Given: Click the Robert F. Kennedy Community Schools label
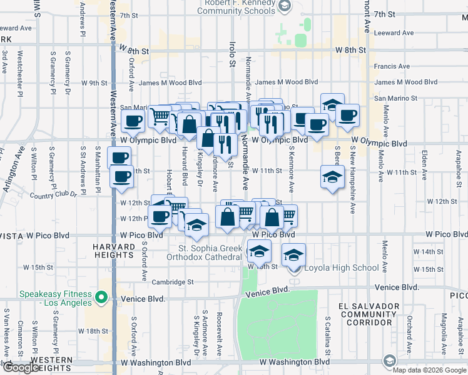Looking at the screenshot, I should pos(236,6).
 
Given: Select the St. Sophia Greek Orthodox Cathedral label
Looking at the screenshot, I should pos(205,252).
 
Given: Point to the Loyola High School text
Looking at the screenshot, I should pos(341,268).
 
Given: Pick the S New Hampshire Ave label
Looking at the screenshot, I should pos(353,181).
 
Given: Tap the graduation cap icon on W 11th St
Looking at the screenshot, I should pos(332,176).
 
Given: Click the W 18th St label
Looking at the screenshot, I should pos(93,331).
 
